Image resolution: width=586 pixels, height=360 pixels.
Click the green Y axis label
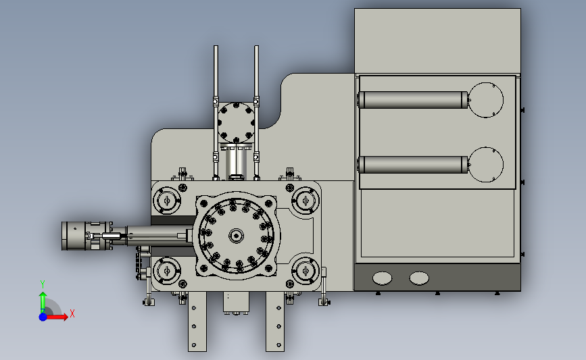point(43,284)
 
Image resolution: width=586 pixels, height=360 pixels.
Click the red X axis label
point(72,313)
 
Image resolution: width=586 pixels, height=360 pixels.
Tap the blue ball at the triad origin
point(43,317)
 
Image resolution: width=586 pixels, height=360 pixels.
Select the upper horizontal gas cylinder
point(412,100)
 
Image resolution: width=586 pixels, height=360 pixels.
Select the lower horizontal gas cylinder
point(412,165)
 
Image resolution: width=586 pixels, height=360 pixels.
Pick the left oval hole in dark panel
point(382,278)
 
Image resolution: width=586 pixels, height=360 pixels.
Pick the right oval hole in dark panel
point(419,278)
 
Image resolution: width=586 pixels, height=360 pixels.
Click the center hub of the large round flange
point(236,236)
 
